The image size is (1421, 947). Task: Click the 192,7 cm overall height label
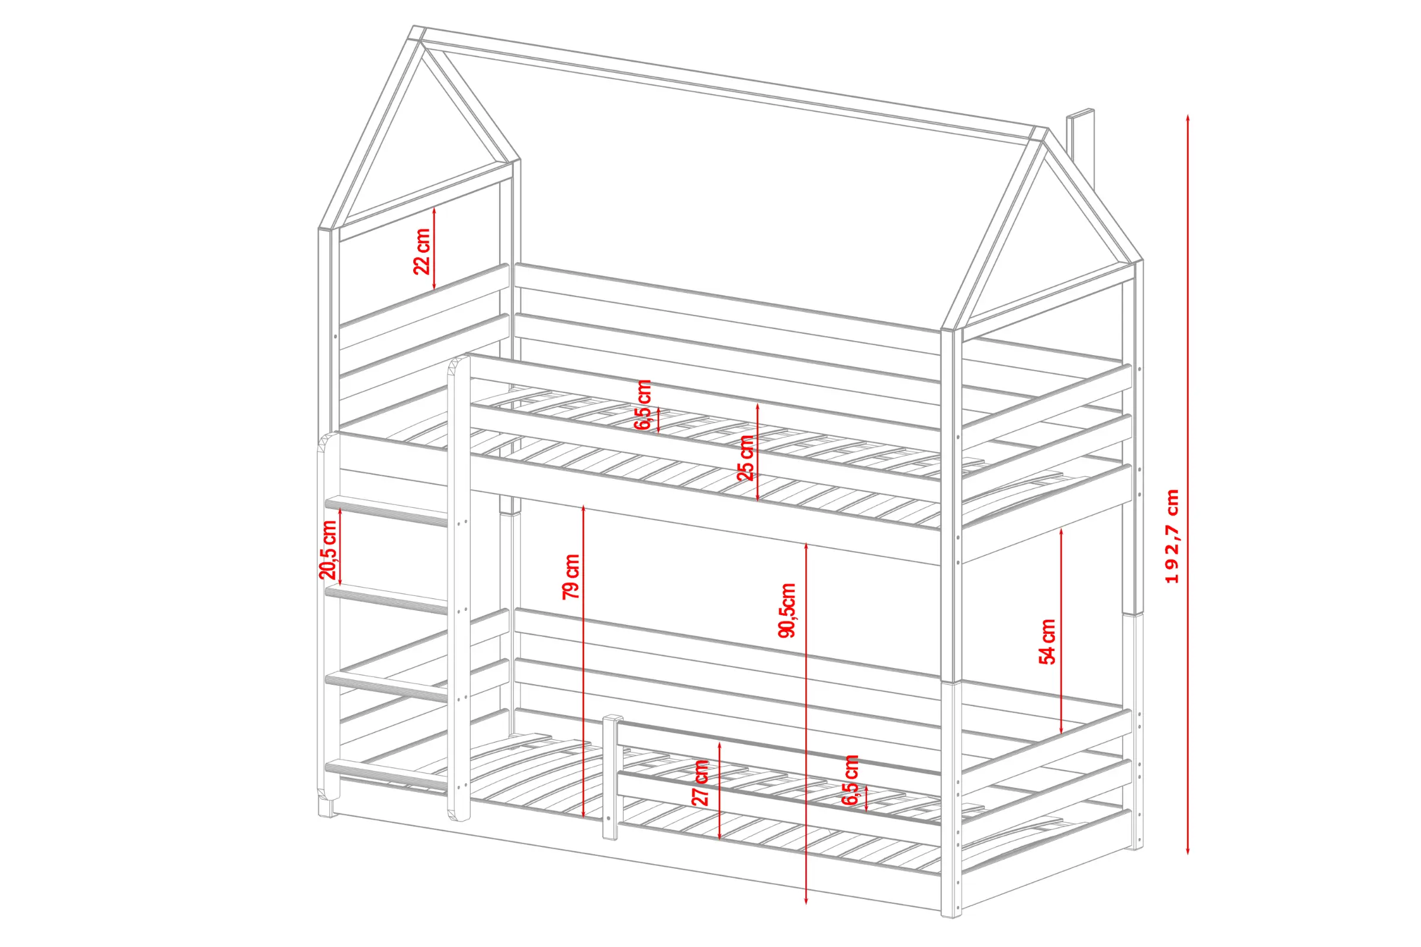(1172, 536)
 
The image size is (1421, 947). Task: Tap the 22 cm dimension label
(422, 251)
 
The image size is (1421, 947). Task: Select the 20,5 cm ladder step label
(328, 550)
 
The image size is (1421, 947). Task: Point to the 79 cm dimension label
(571, 576)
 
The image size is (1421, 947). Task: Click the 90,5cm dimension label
(787, 610)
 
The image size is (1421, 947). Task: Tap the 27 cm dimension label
(700, 782)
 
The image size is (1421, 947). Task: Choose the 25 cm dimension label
(745, 457)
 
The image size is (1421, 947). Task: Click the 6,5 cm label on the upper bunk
(643, 404)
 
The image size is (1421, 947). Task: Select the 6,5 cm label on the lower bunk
(851, 779)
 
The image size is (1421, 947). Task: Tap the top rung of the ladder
(387, 511)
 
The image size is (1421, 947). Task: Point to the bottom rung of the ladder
(387, 775)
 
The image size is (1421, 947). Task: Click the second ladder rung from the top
(387, 599)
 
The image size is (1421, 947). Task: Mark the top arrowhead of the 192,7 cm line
(1188, 117)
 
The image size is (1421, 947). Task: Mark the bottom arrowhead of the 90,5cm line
(806, 901)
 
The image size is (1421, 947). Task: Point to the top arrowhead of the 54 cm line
(1062, 532)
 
